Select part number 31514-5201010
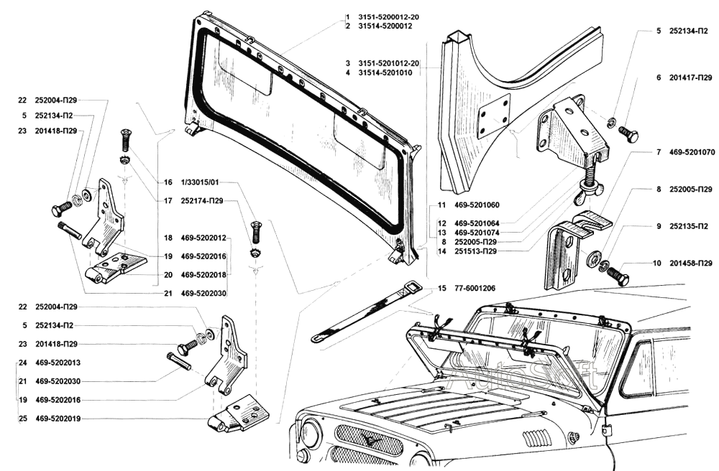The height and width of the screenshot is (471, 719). pyautogui.click(x=388, y=73)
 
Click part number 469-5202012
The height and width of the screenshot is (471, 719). pyautogui.click(x=203, y=238)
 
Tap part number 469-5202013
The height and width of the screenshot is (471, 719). pyautogui.click(x=58, y=363)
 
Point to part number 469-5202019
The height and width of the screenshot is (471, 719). pyautogui.click(x=58, y=418)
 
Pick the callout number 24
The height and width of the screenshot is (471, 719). pyautogui.click(x=24, y=363)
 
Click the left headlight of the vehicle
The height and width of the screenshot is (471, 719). pyautogui.click(x=311, y=434)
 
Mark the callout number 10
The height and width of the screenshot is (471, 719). pyautogui.click(x=657, y=264)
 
